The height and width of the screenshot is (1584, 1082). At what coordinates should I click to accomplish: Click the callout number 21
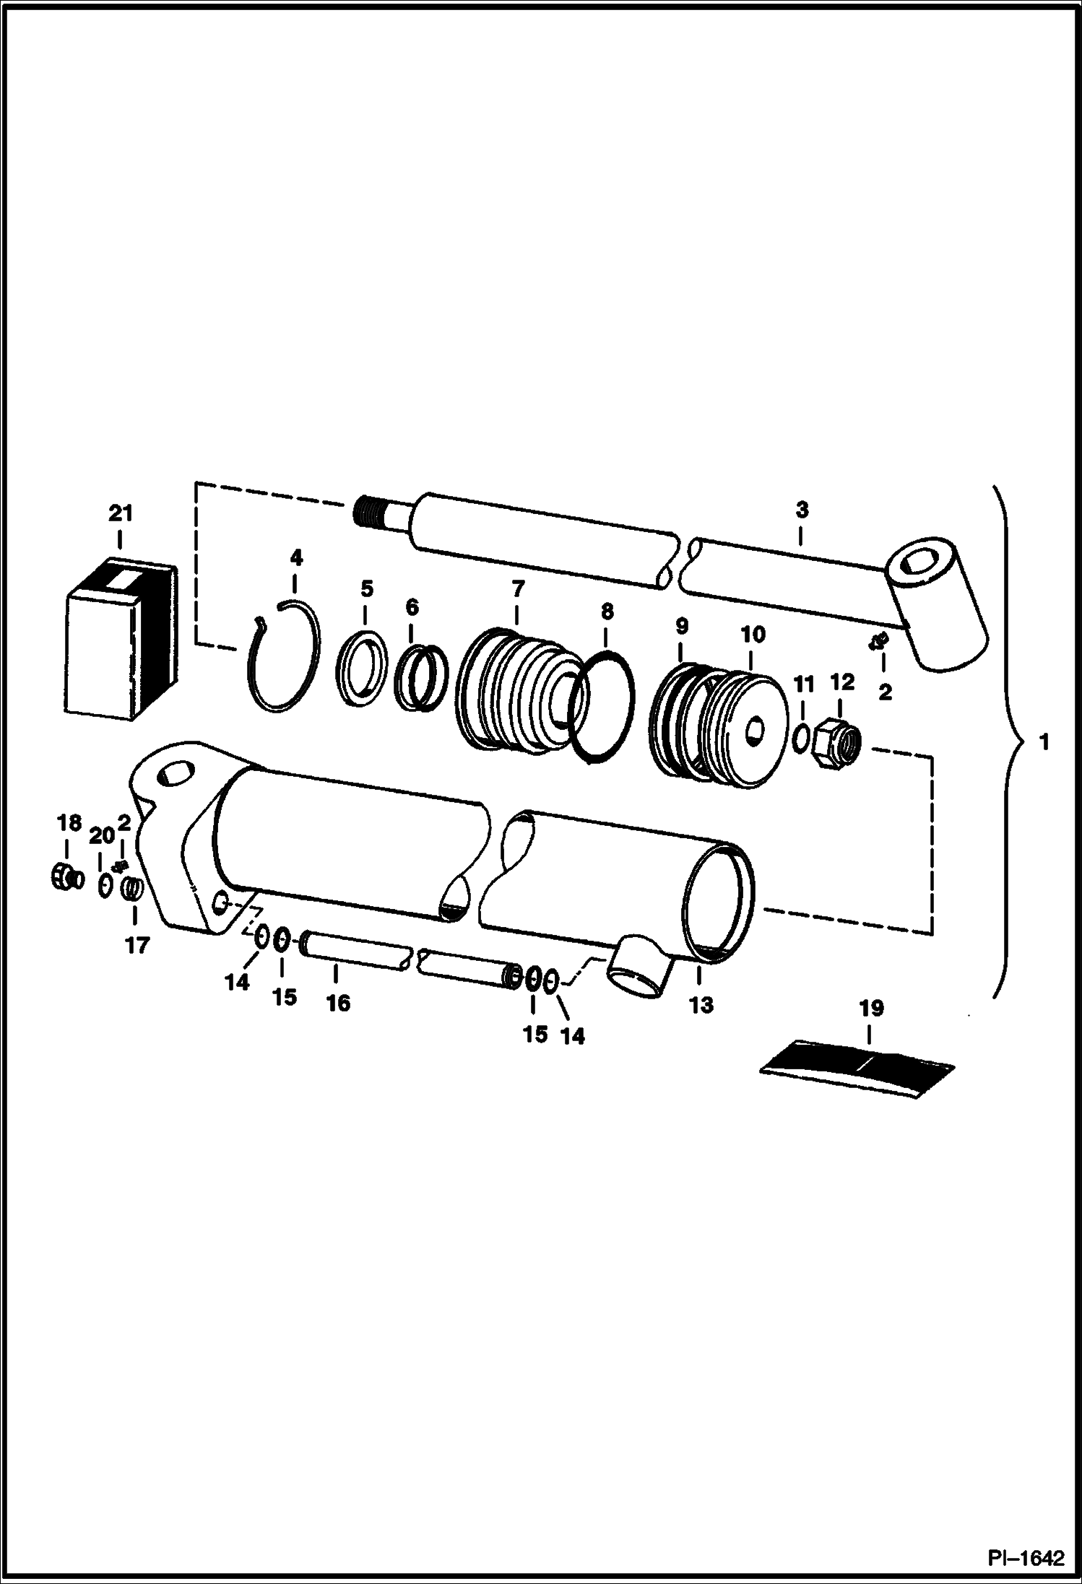tap(120, 513)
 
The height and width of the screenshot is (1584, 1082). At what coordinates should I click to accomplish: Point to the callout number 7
tap(517, 588)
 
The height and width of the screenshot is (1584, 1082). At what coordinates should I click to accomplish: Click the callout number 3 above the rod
tap(801, 510)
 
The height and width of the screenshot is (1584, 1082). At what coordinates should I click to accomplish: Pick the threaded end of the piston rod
tap(369, 514)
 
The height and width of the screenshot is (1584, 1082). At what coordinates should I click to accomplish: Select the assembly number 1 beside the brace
tap(1044, 741)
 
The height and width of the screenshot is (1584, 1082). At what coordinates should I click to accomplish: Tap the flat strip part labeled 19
tap(857, 1068)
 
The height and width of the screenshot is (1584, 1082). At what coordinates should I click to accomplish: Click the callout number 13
tap(701, 1005)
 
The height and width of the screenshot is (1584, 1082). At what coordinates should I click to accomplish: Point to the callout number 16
tap(338, 1002)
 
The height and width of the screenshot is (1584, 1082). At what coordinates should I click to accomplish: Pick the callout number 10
tap(753, 635)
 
